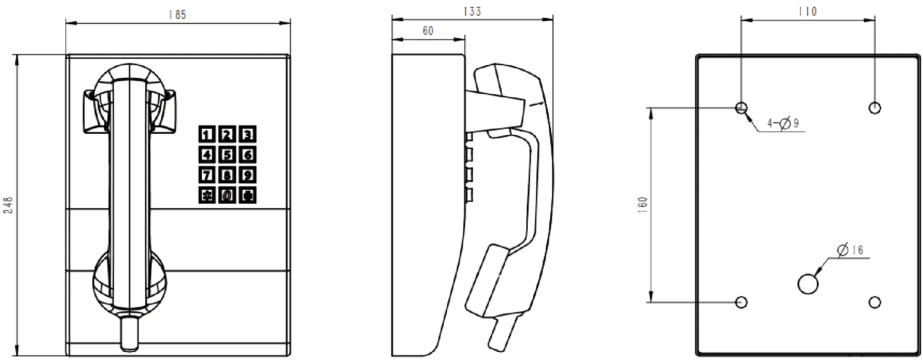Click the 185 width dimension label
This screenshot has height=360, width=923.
177,15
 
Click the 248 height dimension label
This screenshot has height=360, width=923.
8,205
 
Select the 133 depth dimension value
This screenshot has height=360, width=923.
472,11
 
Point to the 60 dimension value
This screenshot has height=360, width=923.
427,31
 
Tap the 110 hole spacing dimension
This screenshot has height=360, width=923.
807,11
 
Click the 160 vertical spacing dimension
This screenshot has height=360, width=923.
643,205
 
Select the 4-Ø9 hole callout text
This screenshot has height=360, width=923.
783,123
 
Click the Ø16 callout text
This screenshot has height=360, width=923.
850,250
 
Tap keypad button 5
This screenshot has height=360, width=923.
227,155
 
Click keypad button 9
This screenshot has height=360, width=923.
248,175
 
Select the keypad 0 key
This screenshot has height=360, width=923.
227,195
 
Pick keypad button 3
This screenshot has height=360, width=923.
248,135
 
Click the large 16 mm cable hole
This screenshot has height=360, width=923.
808,284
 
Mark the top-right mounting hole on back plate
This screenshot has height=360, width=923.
875,108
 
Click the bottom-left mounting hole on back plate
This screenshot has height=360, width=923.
741,302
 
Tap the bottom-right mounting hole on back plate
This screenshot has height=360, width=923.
875,302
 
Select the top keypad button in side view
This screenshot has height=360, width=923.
469,137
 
